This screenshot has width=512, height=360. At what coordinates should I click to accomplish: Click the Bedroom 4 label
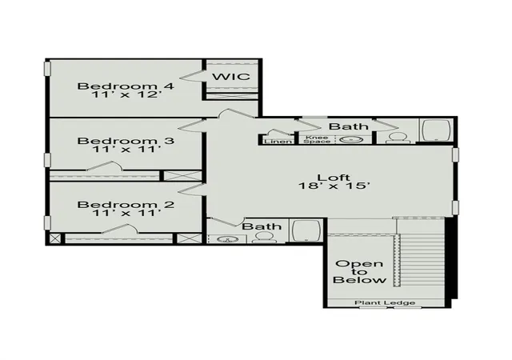click(126, 86)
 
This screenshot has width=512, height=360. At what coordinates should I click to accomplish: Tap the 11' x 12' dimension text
click(126, 94)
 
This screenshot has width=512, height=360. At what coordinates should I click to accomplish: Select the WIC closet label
click(231, 77)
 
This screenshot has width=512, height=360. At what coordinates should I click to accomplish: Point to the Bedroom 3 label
click(126, 141)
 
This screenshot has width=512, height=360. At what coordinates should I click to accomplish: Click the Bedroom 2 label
click(126, 205)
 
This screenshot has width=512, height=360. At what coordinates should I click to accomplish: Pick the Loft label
click(334, 178)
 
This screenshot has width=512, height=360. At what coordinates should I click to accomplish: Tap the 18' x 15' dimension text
click(334, 186)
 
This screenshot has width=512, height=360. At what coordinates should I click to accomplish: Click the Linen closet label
click(278, 142)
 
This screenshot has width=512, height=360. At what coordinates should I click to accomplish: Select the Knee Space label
click(317, 139)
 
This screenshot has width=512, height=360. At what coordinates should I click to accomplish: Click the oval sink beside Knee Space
click(351, 140)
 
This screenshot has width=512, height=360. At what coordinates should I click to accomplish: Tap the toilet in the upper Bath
click(398, 138)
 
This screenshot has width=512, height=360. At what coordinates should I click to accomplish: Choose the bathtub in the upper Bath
click(436, 130)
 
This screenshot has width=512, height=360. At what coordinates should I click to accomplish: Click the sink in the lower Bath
click(226, 239)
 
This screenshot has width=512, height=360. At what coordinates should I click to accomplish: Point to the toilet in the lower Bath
click(264, 237)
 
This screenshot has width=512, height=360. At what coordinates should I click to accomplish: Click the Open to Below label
click(359, 272)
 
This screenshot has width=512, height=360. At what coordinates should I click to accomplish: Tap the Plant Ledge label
click(385, 303)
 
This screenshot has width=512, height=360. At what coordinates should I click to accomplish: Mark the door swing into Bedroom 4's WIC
click(192, 76)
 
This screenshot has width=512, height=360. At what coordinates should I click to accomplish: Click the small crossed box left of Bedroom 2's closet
click(55, 238)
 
